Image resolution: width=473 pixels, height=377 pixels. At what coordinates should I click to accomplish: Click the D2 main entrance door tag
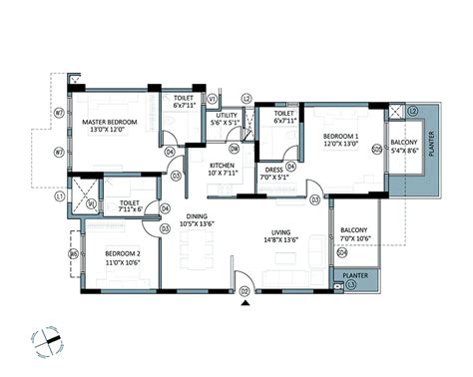(x=243, y=290)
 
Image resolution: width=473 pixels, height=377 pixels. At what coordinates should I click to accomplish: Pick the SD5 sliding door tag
(x=375, y=150)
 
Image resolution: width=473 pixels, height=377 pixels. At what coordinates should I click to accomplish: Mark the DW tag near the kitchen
(x=233, y=147)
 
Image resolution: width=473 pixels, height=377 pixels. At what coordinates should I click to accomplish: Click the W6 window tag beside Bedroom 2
(x=73, y=254)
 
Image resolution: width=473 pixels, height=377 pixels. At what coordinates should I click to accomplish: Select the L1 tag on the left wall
(x=60, y=197)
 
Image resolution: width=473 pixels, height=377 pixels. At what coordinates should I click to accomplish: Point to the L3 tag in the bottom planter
(x=351, y=285)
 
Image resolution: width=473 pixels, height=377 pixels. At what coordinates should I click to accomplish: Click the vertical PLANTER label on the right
(x=431, y=146)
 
